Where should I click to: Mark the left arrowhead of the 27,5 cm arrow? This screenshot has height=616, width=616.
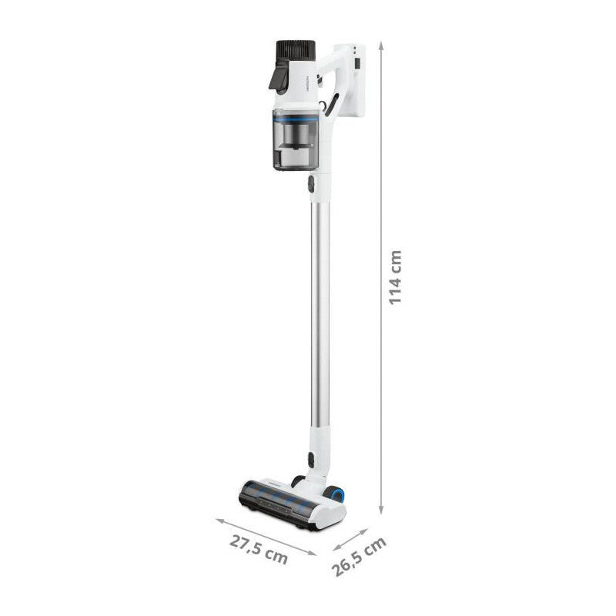(218, 517)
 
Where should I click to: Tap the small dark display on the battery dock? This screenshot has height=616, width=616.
(357, 59)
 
